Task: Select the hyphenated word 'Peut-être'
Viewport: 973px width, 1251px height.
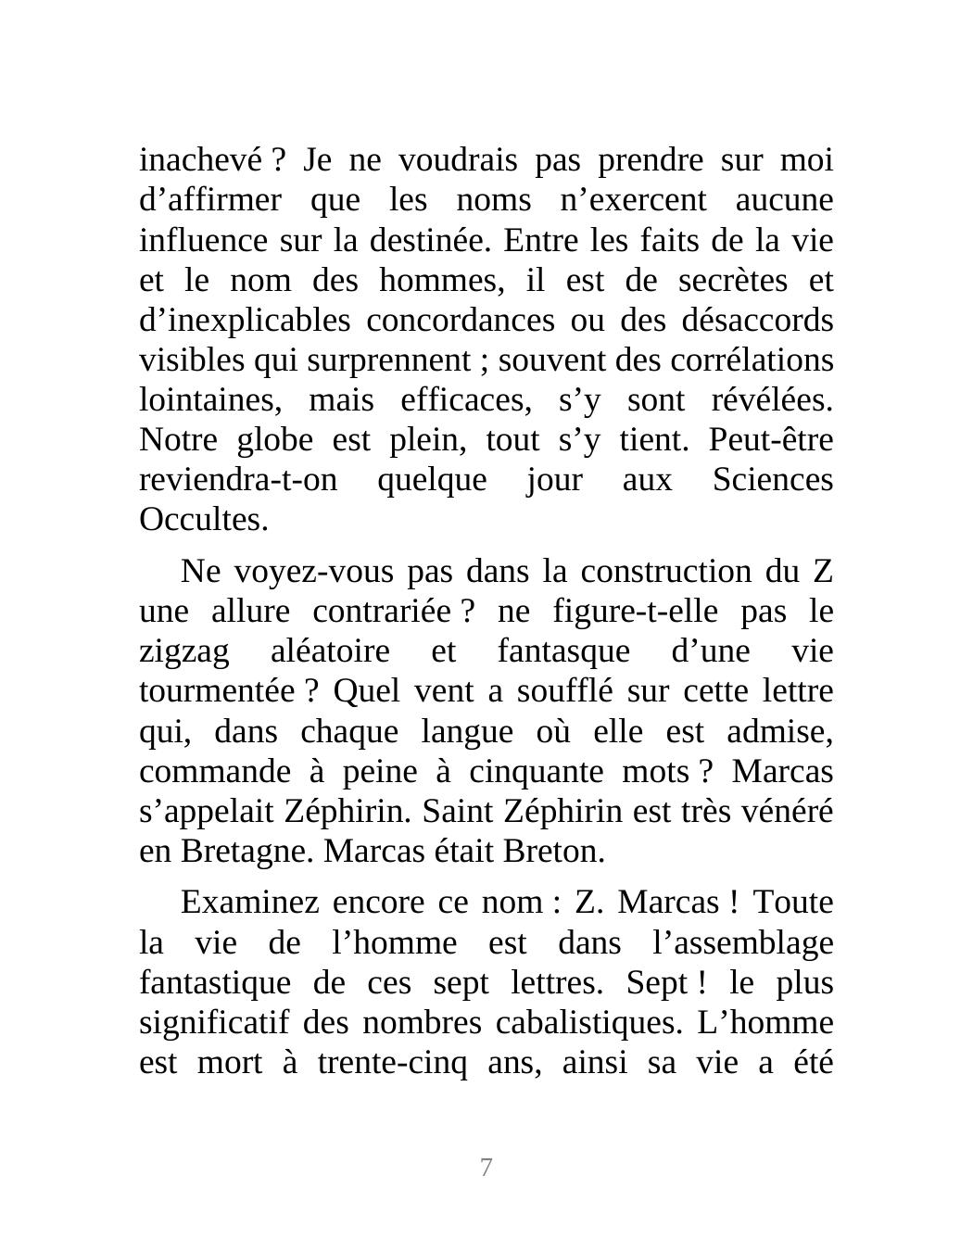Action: point(771,440)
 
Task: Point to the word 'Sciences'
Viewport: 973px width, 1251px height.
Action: point(773,480)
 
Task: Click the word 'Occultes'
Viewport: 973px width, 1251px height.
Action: point(203,520)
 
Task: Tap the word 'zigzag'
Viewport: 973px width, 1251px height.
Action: point(183,651)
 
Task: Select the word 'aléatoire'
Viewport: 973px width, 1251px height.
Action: point(330,651)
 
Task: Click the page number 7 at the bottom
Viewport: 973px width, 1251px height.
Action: point(486,1168)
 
